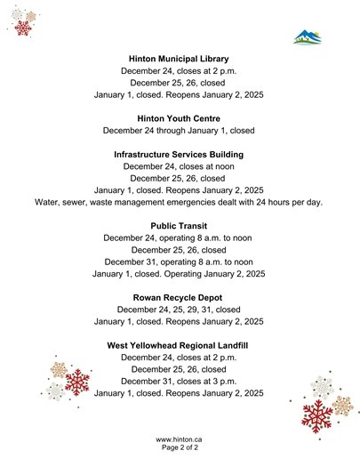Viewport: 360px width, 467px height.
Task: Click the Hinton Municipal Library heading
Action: click(179, 58)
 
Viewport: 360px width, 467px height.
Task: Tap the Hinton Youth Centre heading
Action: click(179, 117)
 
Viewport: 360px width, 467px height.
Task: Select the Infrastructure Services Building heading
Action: click(179, 154)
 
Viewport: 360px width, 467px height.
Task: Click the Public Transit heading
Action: click(179, 226)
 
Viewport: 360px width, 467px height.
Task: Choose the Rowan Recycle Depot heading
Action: click(179, 297)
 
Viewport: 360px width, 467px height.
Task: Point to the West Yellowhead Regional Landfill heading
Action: click(179, 345)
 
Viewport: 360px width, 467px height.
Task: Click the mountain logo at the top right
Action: click(308, 37)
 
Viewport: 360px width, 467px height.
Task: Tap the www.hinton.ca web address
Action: click(179, 439)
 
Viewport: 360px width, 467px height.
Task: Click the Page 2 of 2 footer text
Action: click(179, 449)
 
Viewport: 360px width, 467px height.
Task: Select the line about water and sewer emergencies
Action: click(179, 202)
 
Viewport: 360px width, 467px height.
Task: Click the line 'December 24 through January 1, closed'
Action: click(179, 130)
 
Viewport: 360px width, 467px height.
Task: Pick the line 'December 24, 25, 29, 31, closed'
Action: click(179, 310)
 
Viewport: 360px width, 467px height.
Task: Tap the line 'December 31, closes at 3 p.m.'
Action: click(179, 381)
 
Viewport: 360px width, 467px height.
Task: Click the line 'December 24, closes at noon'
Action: click(179, 166)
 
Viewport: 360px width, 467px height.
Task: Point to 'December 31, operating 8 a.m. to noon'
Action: click(179, 262)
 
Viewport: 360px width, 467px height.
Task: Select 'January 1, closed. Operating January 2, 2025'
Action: click(179, 274)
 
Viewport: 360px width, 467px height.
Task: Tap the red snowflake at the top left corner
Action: click(23, 27)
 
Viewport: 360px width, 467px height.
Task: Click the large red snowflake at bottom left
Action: click(77, 382)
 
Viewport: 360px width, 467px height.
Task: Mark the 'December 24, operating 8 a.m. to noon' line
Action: click(179, 238)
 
